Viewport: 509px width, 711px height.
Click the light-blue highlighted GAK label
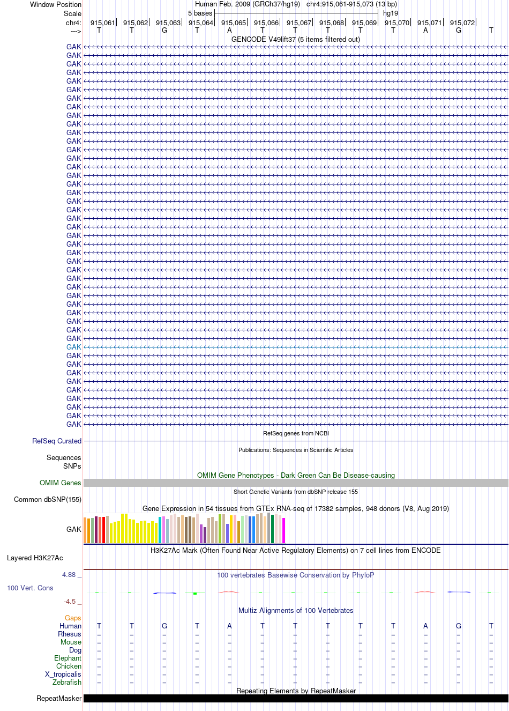point(73,347)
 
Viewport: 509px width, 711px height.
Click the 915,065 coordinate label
point(234,23)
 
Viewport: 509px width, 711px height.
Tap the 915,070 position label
point(396,23)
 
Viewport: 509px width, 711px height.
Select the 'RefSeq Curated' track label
point(57,441)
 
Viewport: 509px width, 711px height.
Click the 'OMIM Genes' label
point(60,483)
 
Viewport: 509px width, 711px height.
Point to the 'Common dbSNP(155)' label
point(48,500)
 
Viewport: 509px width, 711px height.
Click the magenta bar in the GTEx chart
point(284,530)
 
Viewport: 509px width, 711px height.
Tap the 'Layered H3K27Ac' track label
point(35,558)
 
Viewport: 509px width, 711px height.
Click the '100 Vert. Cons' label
point(30,588)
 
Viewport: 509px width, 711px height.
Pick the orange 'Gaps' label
point(73,618)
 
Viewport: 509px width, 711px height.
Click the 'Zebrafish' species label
point(67,682)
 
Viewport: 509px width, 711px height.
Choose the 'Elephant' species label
point(68,658)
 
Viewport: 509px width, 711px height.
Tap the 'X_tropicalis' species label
point(63,674)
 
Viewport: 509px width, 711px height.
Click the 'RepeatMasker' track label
point(59,698)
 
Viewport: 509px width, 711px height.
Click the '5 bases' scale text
point(200,13)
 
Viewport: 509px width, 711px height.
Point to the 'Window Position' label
point(56,4)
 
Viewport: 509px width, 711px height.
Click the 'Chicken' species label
point(69,666)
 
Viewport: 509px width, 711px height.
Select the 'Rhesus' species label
point(70,634)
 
